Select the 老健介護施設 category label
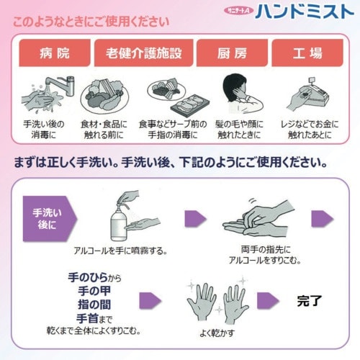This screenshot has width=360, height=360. tap(140, 53)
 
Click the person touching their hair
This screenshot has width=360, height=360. tap(235, 90)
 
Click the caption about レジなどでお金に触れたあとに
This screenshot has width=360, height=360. tap(305, 129)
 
